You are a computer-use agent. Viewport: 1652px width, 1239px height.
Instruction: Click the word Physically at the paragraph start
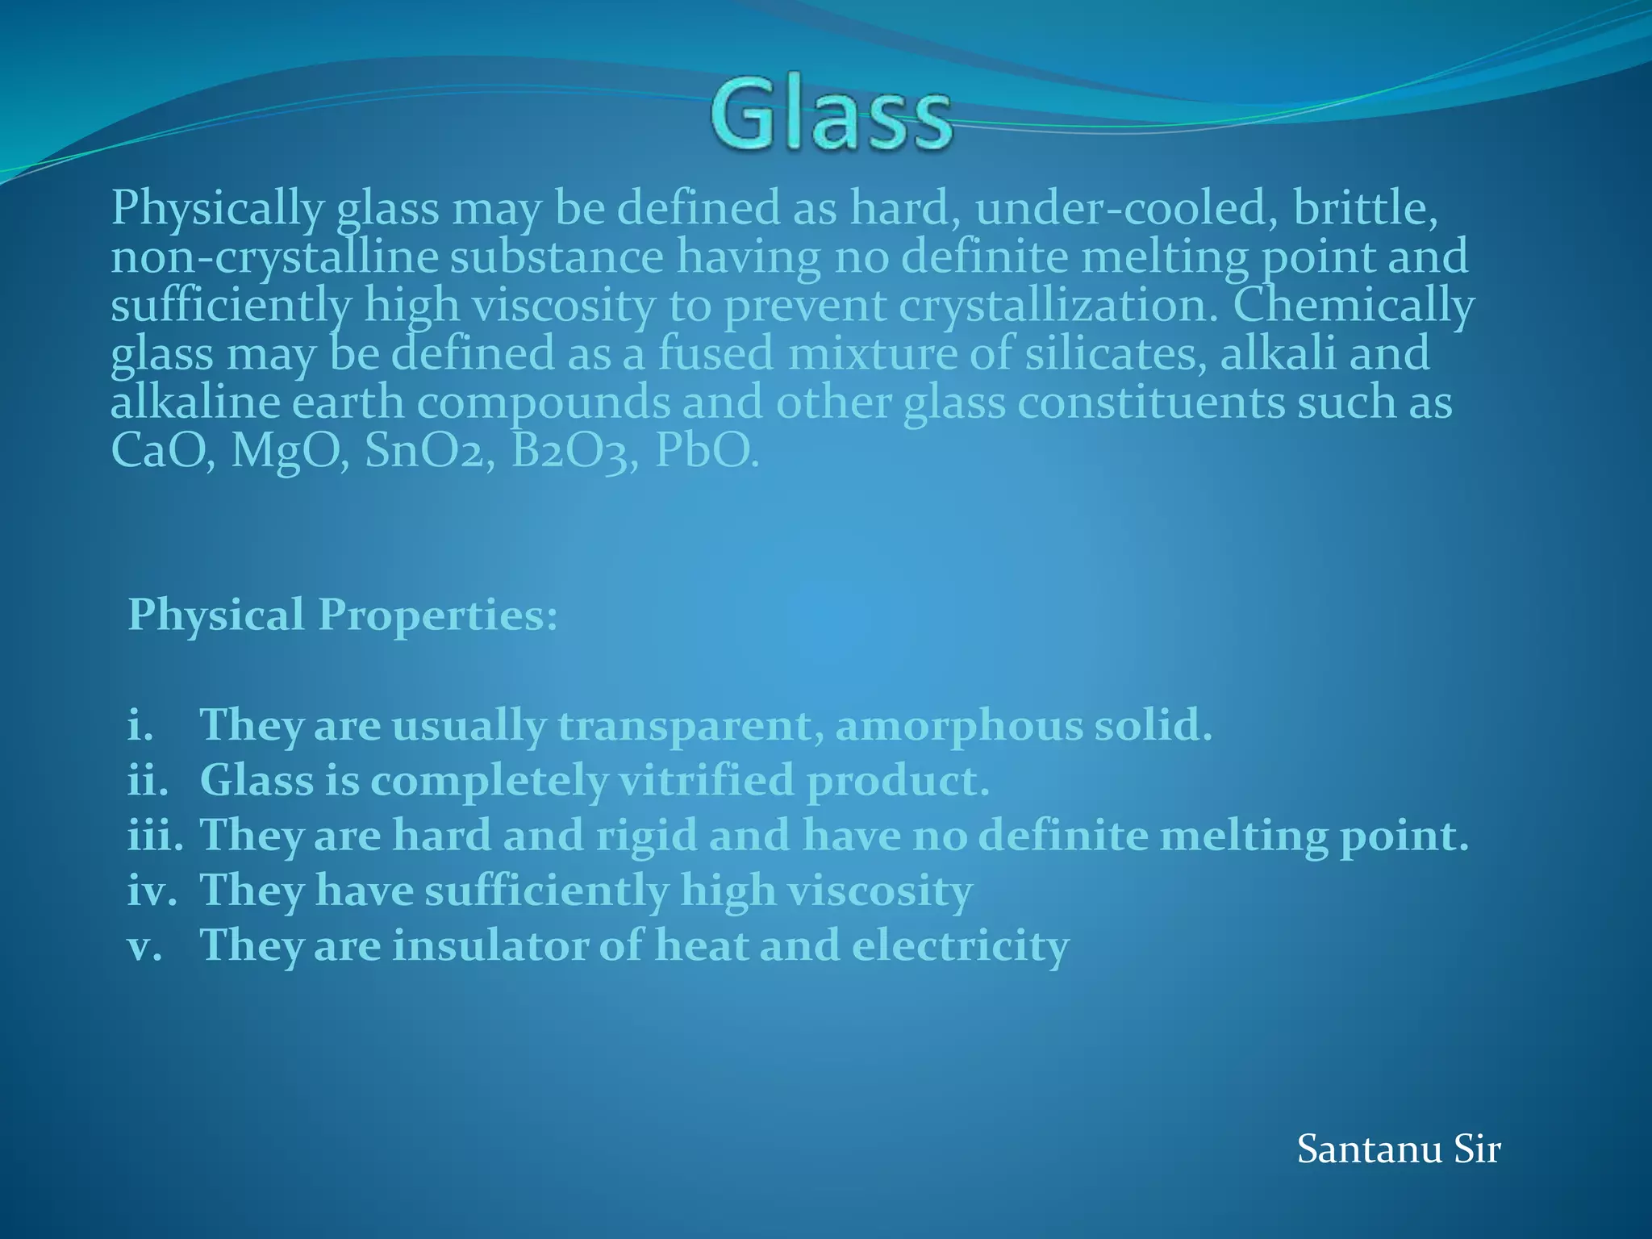click(x=216, y=209)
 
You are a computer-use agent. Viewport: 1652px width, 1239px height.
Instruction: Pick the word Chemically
click(x=1354, y=307)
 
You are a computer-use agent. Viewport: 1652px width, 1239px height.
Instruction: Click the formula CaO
click(x=162, y=451)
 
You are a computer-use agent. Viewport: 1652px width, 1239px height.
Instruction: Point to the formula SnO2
click(x=428, y=451)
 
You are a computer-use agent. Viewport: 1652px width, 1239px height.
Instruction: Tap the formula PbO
click(x=706, y=451)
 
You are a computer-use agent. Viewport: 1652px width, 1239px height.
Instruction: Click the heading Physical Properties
click(x=342, y=615)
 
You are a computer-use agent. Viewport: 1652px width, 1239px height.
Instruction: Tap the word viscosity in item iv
click(x=880, y=891)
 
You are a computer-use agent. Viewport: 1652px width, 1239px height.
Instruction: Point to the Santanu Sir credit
click(x=1398, y=1149)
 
